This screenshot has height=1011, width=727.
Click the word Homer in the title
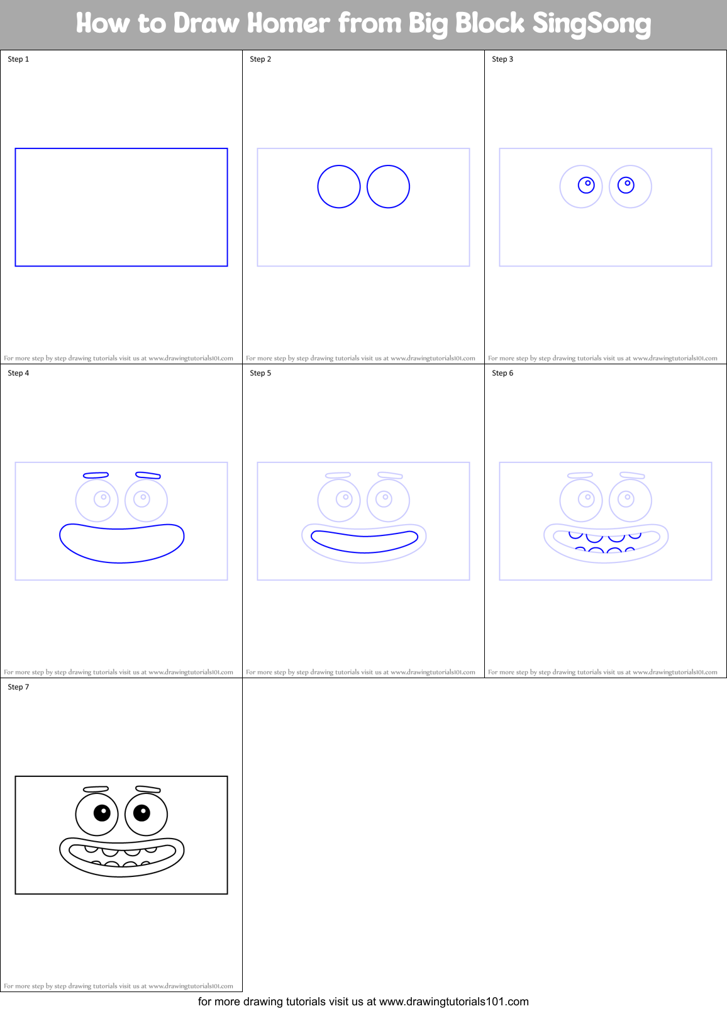click(288, 23)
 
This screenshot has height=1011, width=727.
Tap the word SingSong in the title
click(591, 24)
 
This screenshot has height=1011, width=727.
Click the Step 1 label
click(18, 59)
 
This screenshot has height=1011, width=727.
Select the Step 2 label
click(260, 59)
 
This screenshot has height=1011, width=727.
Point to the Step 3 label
click(502, 59)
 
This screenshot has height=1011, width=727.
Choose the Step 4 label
click(18, 373)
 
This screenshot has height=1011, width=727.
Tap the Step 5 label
click(260, 373)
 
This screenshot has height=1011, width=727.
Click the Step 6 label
click(502, 373)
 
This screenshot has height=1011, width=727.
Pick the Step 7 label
click(18, 687)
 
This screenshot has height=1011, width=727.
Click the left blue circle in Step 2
click(339, 187)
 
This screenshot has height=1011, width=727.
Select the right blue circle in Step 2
click(388, 187)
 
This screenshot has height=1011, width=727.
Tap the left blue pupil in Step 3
click(586, 185)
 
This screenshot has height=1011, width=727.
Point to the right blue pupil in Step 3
click(626, 185)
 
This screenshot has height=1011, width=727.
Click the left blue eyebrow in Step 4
click(96, 476)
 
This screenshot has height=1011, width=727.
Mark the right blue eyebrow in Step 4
click(148, 476)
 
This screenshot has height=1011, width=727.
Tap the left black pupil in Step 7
click(102, 813)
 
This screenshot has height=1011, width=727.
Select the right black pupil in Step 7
click(142, 813)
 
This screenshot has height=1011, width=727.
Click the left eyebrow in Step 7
click(96, 789)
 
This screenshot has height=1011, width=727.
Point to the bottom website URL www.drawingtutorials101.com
click(453, 1002)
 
